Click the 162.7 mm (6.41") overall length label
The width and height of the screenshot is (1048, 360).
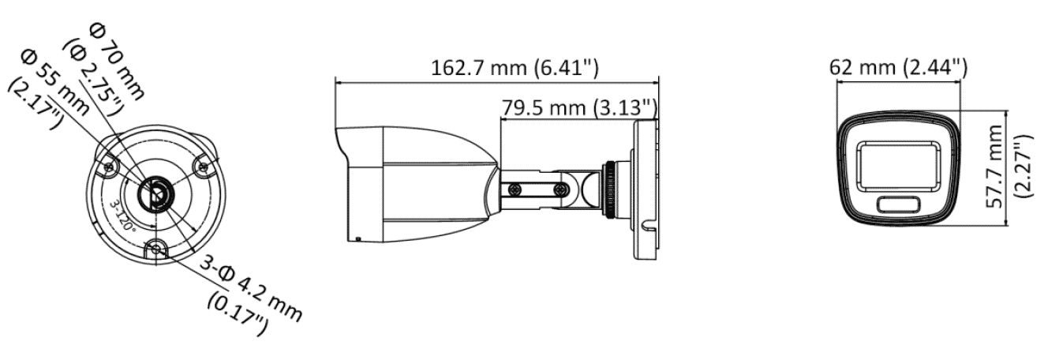[x=514, y=67]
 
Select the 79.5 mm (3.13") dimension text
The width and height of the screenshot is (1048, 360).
[x=578, y=106]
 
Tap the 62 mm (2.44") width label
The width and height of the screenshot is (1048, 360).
[x=898, y=67]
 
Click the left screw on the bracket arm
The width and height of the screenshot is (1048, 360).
[x=515, y=189]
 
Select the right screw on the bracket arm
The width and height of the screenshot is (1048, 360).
[x=560, y=189]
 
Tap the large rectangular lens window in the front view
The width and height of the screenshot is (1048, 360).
[x=898, y=164]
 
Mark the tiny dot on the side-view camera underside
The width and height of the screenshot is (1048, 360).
[x=359, y=238]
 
